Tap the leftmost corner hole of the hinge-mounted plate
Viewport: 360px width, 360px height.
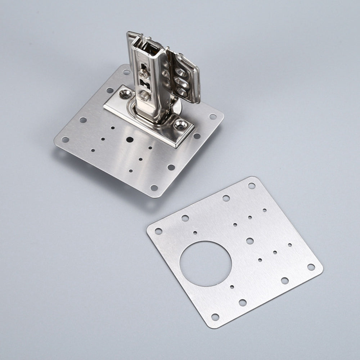click(x=66, y=139)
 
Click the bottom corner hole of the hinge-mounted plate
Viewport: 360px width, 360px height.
click(x=154, y=188)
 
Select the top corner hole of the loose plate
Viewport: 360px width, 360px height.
click(x=251, y=186)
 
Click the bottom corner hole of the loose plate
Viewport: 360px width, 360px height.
click(x=215, y=317)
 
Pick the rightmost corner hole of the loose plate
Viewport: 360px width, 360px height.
click(x=311, y=267)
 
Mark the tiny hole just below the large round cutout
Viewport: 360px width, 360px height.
click(x=232, y=287)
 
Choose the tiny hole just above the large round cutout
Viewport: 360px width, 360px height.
click(x=195, y=233)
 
